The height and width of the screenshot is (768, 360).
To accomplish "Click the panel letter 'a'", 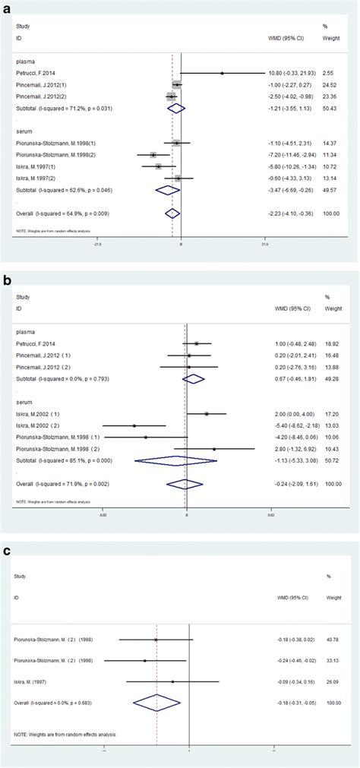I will click(8, 8).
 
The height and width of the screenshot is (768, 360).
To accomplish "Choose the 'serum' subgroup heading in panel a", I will click(25, 130).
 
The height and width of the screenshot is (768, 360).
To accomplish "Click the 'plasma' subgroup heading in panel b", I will click(27, 332).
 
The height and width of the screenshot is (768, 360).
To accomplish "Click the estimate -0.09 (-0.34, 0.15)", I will click(286, 681).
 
